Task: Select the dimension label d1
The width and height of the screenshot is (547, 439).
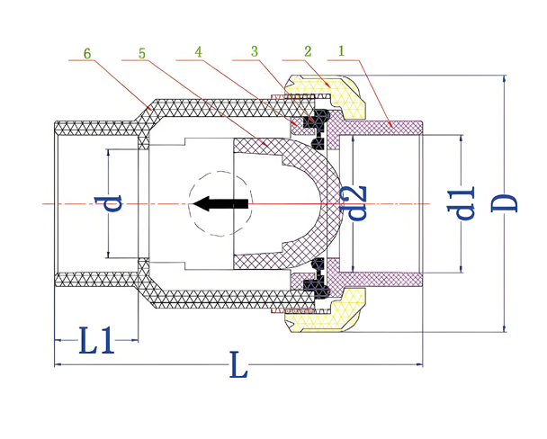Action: click(464, 203)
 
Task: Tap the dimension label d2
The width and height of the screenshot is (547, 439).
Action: click(357, 203)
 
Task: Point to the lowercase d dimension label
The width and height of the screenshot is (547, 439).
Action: click(112, 203)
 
